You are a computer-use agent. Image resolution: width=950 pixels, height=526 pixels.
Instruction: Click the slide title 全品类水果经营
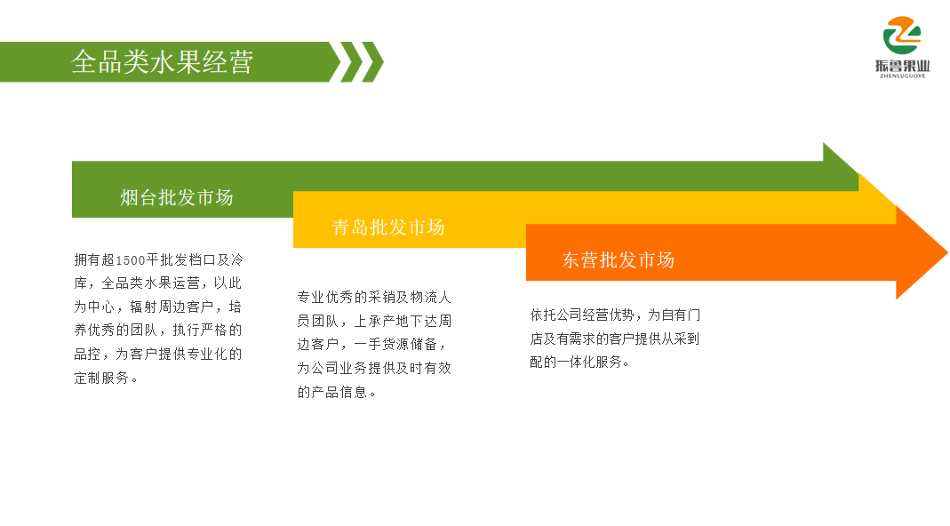(x=162, y=62)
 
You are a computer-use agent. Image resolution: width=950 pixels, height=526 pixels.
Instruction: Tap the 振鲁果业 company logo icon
(x=902, y=36)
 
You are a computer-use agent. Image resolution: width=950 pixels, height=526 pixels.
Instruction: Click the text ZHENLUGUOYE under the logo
(x=903, y=76)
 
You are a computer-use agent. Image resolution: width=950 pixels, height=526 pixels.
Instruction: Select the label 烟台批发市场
(x=176, y=197)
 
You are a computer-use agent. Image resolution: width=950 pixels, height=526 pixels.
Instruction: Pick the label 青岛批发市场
(x=388, y=227)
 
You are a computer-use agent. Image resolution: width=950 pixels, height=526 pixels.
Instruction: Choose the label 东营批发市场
(x=618, y=260)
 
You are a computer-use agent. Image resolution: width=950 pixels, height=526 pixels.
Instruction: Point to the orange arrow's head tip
(x=947, y=252)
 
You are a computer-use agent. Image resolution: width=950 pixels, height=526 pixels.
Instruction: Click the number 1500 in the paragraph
(x=131, y=260)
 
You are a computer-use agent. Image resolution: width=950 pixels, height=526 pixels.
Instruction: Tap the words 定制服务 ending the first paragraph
(x=102, y=379)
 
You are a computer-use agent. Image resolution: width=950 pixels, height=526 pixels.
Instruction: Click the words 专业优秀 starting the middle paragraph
(x=324, y=297)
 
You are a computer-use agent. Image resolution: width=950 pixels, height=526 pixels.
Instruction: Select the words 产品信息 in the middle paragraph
(x=339, y=392)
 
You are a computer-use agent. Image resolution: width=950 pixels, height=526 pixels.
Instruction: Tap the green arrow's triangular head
(x=841, y=167)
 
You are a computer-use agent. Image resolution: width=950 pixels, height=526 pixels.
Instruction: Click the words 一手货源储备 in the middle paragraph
(x=395, y=344)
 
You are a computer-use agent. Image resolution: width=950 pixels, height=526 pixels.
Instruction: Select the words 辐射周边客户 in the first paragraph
(x=172, y=307)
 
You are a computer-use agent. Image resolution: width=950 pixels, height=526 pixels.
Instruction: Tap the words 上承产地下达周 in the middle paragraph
(x=403, y=321)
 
